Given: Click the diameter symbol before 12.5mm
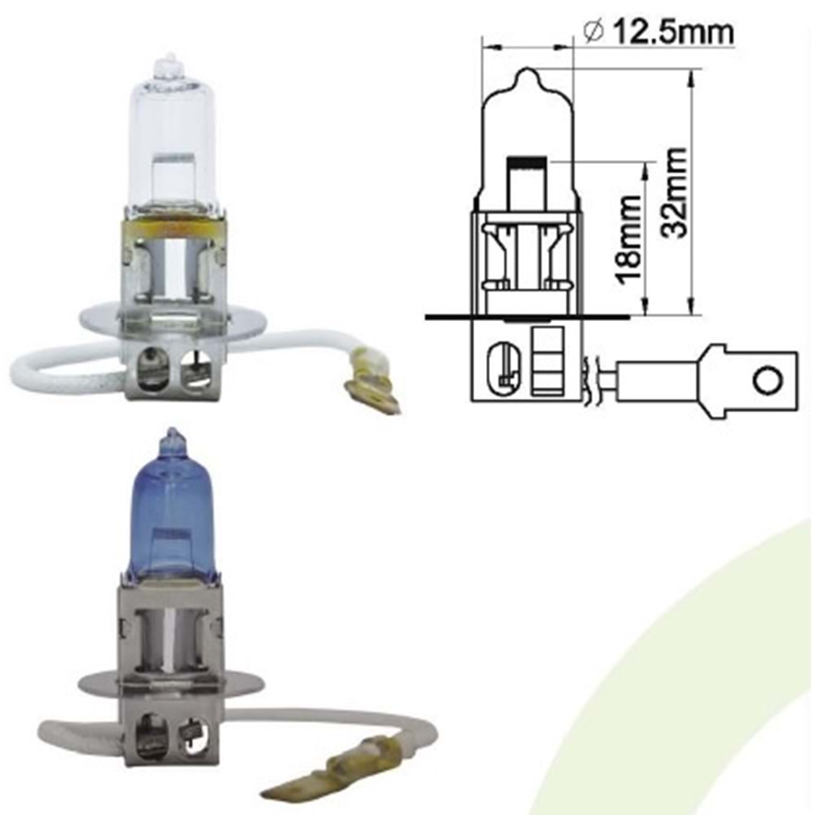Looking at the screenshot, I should pyautogui.click(x=594, y=33).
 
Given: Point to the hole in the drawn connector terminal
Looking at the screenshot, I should pyautogui.click(x=766, y=379).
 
